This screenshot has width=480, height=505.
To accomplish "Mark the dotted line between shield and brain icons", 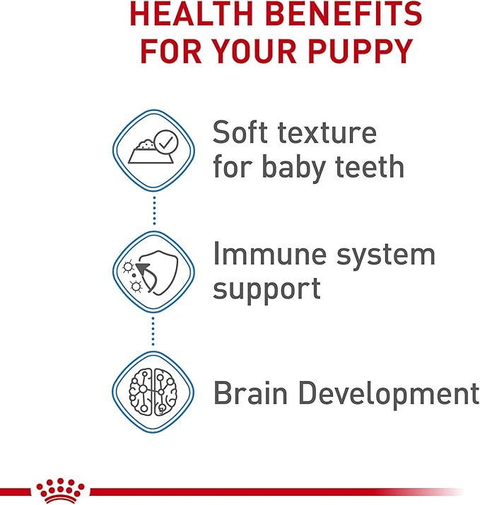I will pyautogui.click(x=153, y=331).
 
